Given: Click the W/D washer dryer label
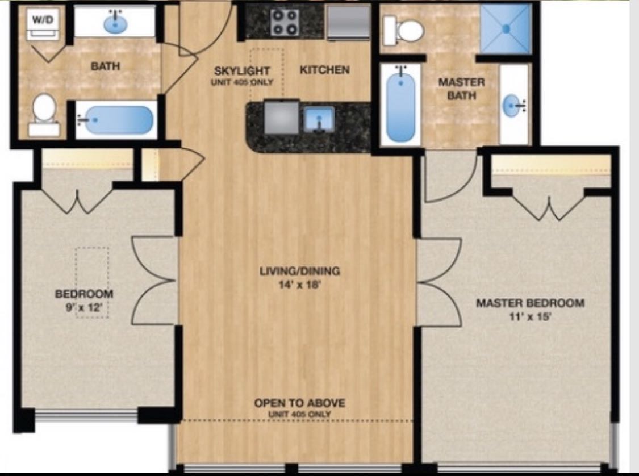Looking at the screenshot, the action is tap(43, 19).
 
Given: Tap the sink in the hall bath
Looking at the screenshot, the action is tap(115, 23).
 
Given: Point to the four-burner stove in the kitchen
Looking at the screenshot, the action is tap(285, 22).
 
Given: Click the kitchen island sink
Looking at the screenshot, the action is tap(319, 119).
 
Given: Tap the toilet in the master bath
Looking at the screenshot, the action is tap(404, 31).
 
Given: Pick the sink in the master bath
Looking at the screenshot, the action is tap(513, 106).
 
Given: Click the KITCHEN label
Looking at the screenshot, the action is tap(325, 70).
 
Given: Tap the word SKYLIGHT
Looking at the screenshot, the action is tap(242, 71).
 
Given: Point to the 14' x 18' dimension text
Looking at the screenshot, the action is tap(300, 285).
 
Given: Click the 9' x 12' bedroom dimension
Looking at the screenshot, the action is tap(83, 307).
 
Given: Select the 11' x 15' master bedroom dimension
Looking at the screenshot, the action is tap(530, 316).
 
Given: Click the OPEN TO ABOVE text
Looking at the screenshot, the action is tap(299, 403).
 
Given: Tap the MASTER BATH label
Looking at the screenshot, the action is tap(462, 89).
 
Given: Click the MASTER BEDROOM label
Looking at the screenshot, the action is tap(531, 303).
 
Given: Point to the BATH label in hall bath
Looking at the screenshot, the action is tap(105, 66).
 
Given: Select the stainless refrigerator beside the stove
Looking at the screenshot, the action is tap(348, 23).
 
